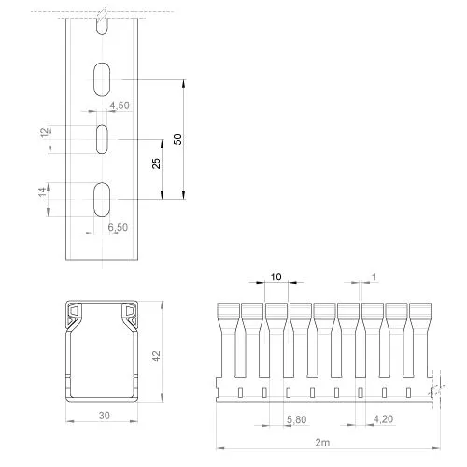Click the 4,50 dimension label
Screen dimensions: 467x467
coord(120,106)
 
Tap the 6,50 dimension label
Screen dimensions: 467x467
coord(118,227)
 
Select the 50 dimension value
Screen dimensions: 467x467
coord(177,139)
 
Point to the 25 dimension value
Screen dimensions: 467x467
coord(156,163)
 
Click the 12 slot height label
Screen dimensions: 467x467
coord(45,133)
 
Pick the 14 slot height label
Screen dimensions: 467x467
coord(43,191)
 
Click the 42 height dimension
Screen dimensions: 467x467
coord(156,356)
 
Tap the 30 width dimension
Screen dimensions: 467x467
coord(105,416)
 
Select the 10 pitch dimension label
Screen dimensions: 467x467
coord(276,276)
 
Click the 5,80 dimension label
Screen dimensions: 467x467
coord(297,419)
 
